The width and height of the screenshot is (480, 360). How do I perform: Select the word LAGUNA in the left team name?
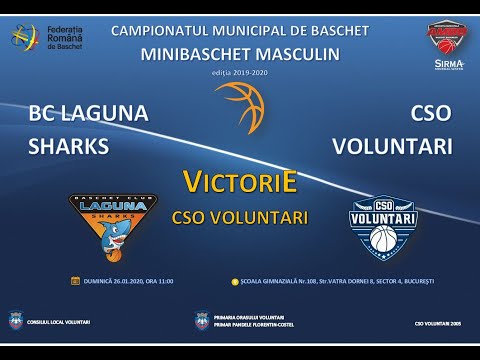[105, 113]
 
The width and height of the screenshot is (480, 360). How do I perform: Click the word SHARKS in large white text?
[68, 146]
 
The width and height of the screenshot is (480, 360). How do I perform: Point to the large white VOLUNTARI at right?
[393, 146]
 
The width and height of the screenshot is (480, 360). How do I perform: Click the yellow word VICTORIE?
[240, 183]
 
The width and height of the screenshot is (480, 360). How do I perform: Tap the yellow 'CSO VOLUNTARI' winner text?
[240, 215]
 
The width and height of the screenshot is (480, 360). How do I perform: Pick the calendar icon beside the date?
[75, 280]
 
